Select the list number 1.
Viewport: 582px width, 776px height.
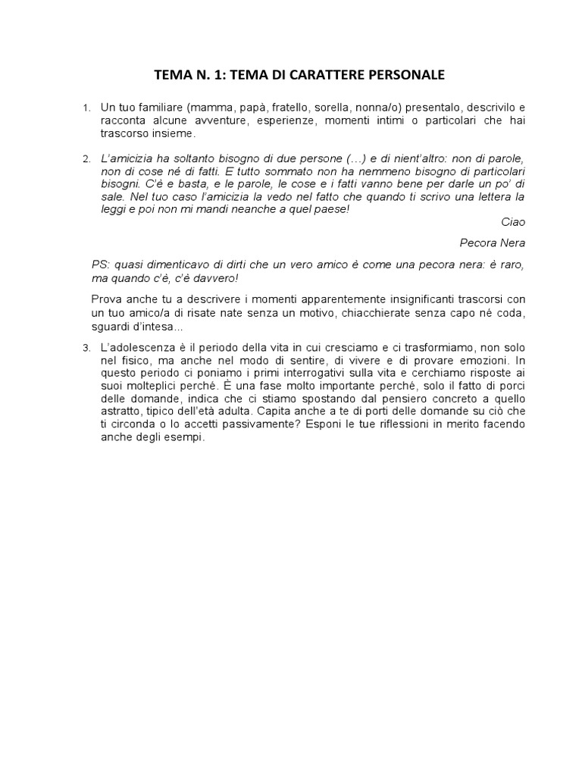point(87,109)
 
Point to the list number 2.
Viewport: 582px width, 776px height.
point(87,160)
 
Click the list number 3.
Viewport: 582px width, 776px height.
point(87,348)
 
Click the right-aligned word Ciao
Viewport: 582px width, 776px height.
point(513,221)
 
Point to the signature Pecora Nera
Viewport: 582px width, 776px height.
point(492,243)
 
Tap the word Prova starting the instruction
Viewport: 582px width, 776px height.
point(105,300)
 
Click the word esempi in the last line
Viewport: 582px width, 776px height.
point(186,437)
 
